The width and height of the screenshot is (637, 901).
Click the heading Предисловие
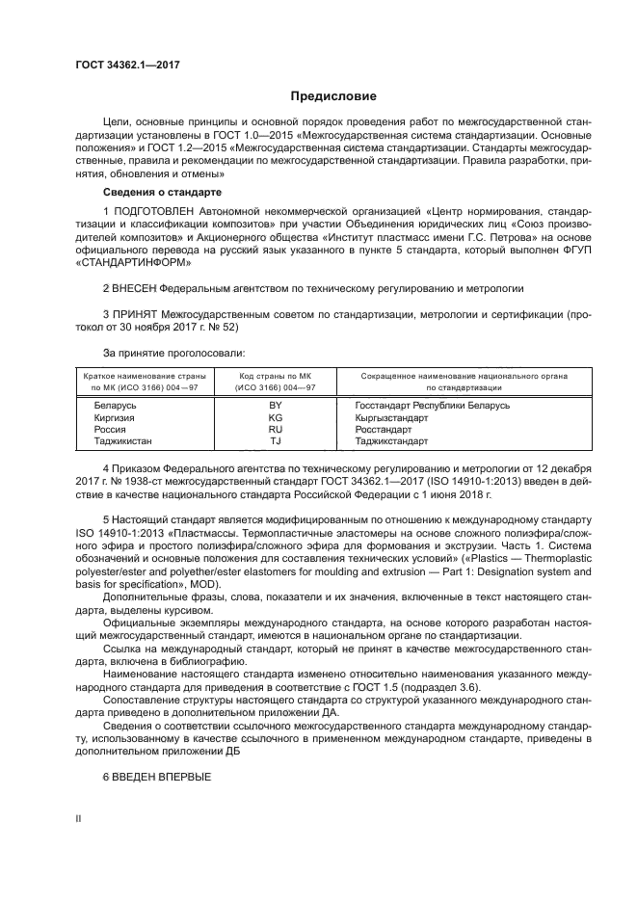click(333, 96)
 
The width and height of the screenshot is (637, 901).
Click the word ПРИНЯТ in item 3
click(137, 314)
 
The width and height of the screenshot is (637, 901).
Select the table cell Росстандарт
click(383, 430)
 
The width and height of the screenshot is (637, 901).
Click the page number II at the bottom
click(80, 817)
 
